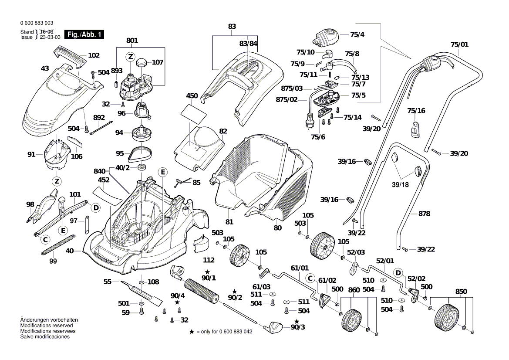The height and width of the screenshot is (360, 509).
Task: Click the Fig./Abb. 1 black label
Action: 84,34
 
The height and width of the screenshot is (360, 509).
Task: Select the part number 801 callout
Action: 132,41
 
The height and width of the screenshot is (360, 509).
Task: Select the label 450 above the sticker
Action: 192,96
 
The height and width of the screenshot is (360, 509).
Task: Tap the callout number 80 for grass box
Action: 278,227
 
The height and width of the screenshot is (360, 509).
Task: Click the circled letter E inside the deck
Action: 162,173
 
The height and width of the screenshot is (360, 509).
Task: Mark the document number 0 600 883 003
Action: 37,23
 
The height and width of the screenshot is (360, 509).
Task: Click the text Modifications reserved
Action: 47,326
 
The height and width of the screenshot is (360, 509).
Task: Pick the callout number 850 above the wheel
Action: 461,291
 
